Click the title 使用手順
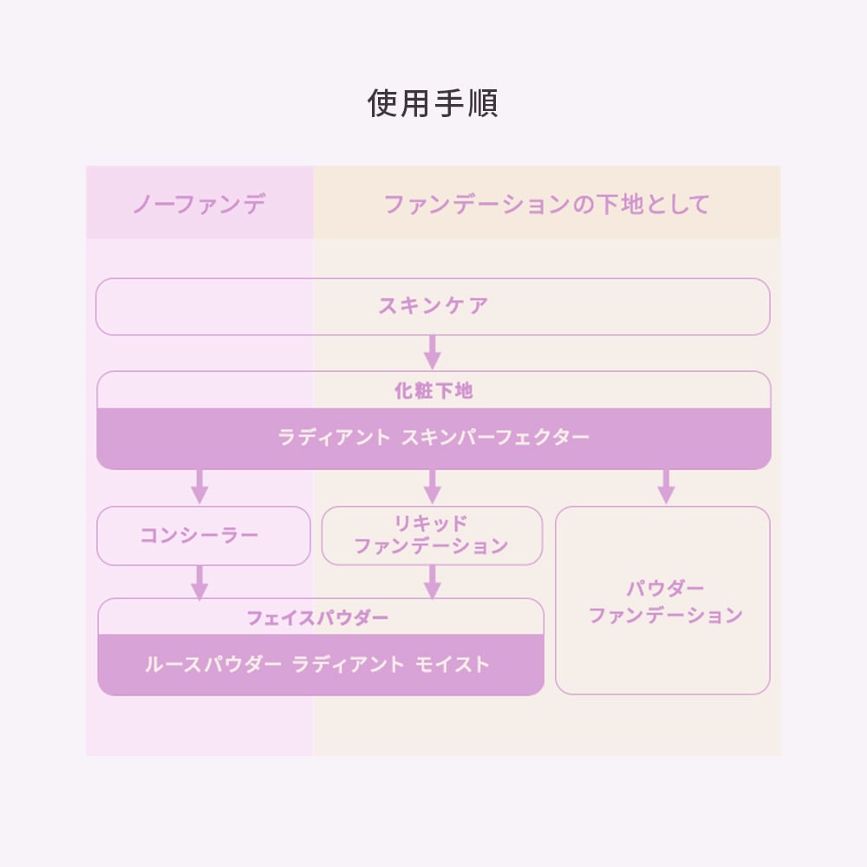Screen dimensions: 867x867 433,103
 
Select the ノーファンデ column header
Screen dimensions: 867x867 199,204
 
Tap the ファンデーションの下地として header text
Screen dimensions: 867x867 546,204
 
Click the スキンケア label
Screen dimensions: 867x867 433,306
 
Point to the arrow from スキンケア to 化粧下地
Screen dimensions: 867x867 433,352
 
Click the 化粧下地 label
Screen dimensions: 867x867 433,391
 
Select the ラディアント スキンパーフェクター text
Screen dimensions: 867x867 433,437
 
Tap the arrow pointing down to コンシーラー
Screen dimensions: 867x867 199,486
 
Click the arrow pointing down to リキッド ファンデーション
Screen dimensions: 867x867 433,486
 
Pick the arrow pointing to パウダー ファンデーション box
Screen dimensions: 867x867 666,486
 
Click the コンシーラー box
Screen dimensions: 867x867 204,536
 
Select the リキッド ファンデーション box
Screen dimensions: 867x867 432,536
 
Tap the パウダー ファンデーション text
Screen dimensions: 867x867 665,602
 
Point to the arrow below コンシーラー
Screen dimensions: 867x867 199,583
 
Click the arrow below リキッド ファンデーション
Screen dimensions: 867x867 433,583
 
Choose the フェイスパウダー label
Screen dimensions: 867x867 317,617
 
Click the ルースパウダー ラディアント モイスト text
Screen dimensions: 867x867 317,664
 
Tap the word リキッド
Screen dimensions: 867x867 431,523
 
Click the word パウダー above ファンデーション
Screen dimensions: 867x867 665,589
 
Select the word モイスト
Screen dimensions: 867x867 453,664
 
